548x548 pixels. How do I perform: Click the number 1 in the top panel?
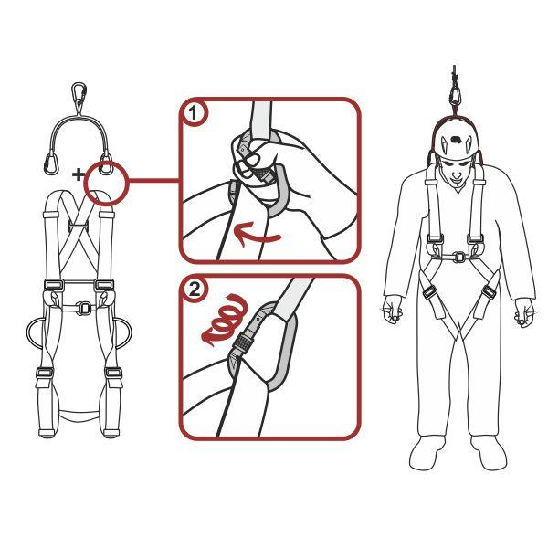194,113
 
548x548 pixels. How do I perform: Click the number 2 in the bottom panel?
195,290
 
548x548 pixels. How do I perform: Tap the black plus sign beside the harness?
79,174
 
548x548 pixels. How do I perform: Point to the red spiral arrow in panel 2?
225,320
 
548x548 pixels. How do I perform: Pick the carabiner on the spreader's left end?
51,163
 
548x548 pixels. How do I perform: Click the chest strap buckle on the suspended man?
458,257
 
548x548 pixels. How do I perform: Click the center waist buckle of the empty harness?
84,309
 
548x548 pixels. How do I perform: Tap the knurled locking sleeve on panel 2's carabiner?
242,342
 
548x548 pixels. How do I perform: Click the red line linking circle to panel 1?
153,180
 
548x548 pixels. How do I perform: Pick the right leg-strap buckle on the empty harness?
113,373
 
